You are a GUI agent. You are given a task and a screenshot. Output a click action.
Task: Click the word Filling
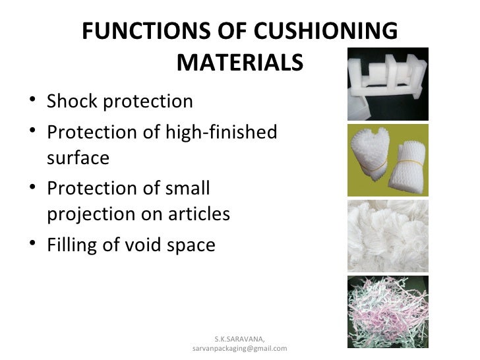click(71, 245)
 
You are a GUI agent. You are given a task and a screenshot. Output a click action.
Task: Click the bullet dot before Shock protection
click(34, 102)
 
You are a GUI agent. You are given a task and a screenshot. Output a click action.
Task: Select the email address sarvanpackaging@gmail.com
click(239, 348)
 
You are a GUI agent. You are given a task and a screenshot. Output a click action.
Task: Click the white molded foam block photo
click(388, 82)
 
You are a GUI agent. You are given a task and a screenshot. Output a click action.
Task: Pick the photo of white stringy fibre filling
click(388, 233)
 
